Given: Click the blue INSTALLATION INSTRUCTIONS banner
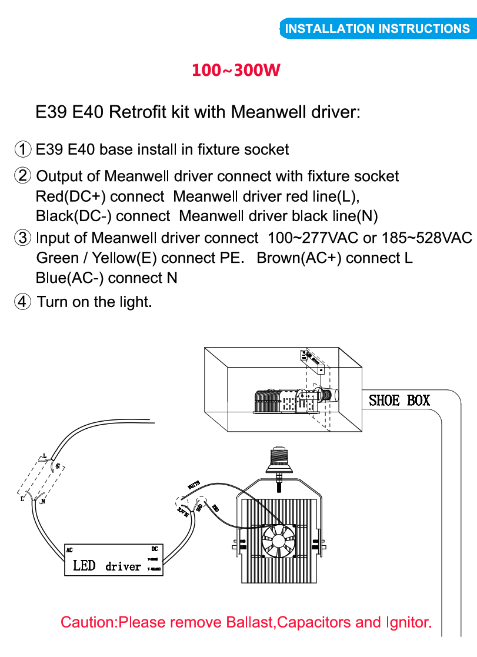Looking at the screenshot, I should tap(377, 29).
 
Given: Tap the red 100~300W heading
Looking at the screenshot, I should tap(235, 70).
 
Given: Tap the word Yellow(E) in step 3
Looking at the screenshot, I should tap(125, 258).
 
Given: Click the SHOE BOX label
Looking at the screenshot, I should tap(399, 401).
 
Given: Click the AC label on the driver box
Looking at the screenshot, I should tap(69, 551).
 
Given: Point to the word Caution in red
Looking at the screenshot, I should tap(88, 622).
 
